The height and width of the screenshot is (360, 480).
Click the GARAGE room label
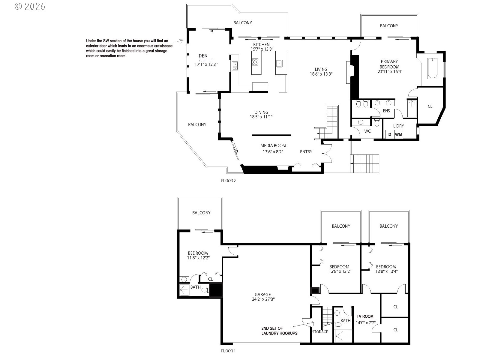click(263, 294)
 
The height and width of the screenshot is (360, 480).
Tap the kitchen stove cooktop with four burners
click(255, 62)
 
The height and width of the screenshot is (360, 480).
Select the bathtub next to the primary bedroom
click(432, 68)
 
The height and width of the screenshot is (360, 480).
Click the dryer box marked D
click(390, 134)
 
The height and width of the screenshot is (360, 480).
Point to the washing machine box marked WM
click(398, 134)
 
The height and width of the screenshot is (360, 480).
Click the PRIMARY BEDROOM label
click(389, 64)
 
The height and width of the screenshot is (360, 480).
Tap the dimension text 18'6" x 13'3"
click(321, 74)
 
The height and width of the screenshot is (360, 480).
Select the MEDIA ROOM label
click(273, 145)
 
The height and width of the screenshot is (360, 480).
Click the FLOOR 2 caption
click(228, 181)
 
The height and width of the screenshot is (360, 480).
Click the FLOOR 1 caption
click(228, 350)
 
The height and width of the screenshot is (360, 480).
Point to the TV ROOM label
click(365, 316)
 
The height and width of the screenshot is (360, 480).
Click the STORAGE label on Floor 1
click(320, 332)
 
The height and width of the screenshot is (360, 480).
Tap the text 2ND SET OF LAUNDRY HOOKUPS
click(279, 331)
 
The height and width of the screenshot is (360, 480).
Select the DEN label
click(203, 56)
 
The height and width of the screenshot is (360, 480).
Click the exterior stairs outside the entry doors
click(365, 163)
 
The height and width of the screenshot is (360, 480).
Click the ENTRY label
click(306, 152)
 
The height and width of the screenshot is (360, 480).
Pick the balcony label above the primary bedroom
click(389, 26)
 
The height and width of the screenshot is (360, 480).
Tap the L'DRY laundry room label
click(398, 126)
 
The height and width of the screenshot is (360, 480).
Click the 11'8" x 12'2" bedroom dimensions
click(198, 257)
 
